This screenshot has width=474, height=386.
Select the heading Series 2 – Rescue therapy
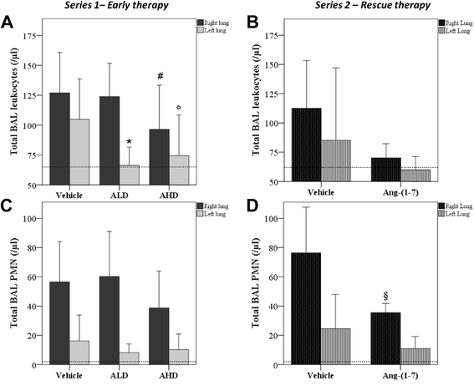(360, 7)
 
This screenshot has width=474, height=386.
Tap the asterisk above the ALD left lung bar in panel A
(130, 142)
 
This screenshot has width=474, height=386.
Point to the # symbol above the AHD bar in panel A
(171, 77)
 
